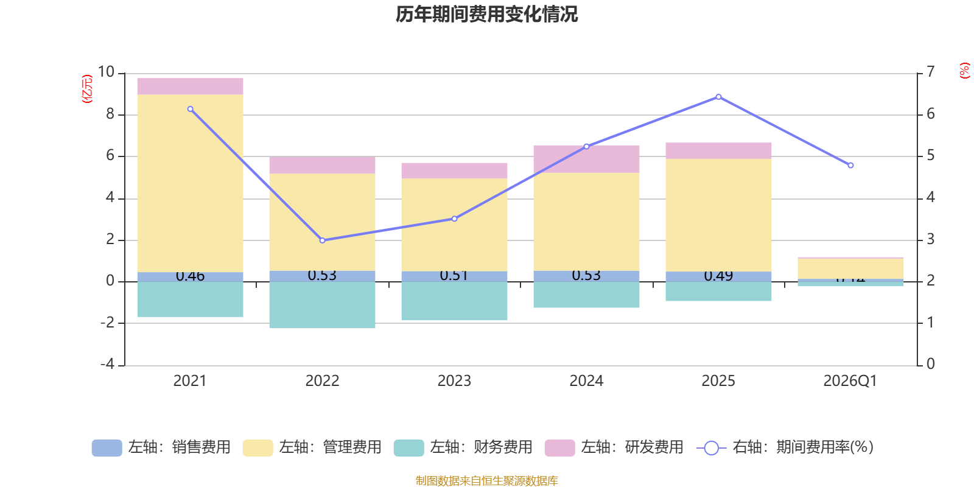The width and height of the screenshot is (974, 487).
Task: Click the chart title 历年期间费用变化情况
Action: tap(486, 14)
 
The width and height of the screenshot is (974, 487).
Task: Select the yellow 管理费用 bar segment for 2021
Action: tap(190, 183)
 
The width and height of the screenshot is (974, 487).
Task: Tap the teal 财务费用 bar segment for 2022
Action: tap(322, 304)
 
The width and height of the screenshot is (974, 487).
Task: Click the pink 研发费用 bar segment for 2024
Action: tap(586, 158)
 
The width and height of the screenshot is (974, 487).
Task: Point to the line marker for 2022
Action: tap(323, 240)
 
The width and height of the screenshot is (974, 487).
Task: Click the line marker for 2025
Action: tap(718, 97)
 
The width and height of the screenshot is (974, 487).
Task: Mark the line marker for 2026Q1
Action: tap(850, 166)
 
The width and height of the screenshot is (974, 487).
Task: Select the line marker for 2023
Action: tap(454, 219)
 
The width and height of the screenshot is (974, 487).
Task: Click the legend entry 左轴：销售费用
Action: tap(161, 447)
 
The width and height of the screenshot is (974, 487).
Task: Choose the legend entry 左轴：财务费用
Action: tap(463, 447)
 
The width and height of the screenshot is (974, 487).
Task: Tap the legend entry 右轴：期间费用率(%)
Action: tap(785, 447)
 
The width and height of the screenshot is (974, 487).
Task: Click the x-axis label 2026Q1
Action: tap(850, 381)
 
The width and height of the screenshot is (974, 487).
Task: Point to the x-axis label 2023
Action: tap(454, 381)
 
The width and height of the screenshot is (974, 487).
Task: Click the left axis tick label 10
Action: tap(106, 72)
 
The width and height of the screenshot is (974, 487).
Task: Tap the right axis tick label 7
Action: tap(930, 72)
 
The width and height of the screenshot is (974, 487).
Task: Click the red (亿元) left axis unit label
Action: tap(87, 89)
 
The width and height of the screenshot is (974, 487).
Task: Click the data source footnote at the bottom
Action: tap(486, 481)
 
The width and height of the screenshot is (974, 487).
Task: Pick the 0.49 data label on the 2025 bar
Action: tap(718, 276)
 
